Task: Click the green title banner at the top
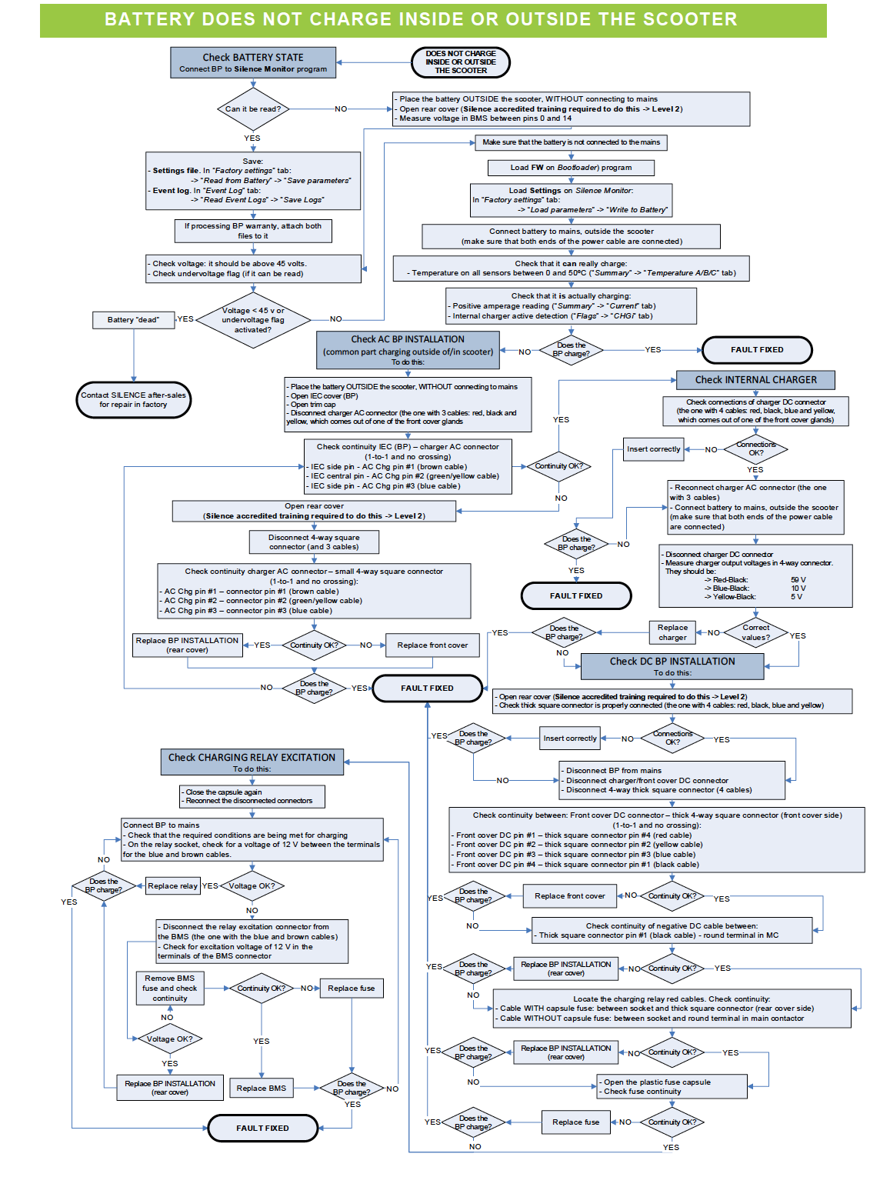433,20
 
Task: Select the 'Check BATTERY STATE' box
253,62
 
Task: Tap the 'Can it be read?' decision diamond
252,109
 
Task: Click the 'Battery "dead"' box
133,320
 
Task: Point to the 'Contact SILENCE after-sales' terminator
133,400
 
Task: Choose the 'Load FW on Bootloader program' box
571,168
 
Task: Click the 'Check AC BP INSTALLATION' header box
408,350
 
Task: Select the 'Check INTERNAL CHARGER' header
755,380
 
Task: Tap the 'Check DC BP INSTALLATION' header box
672,666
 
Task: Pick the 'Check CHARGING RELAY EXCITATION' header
252,762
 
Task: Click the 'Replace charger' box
672,632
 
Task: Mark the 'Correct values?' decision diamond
755,632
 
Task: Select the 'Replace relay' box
172,886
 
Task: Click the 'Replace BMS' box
262,1089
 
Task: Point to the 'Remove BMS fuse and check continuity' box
169,989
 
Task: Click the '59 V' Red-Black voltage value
798,580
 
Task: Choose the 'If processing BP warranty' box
252,231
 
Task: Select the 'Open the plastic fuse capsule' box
672,1087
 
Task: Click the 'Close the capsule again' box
252,796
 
